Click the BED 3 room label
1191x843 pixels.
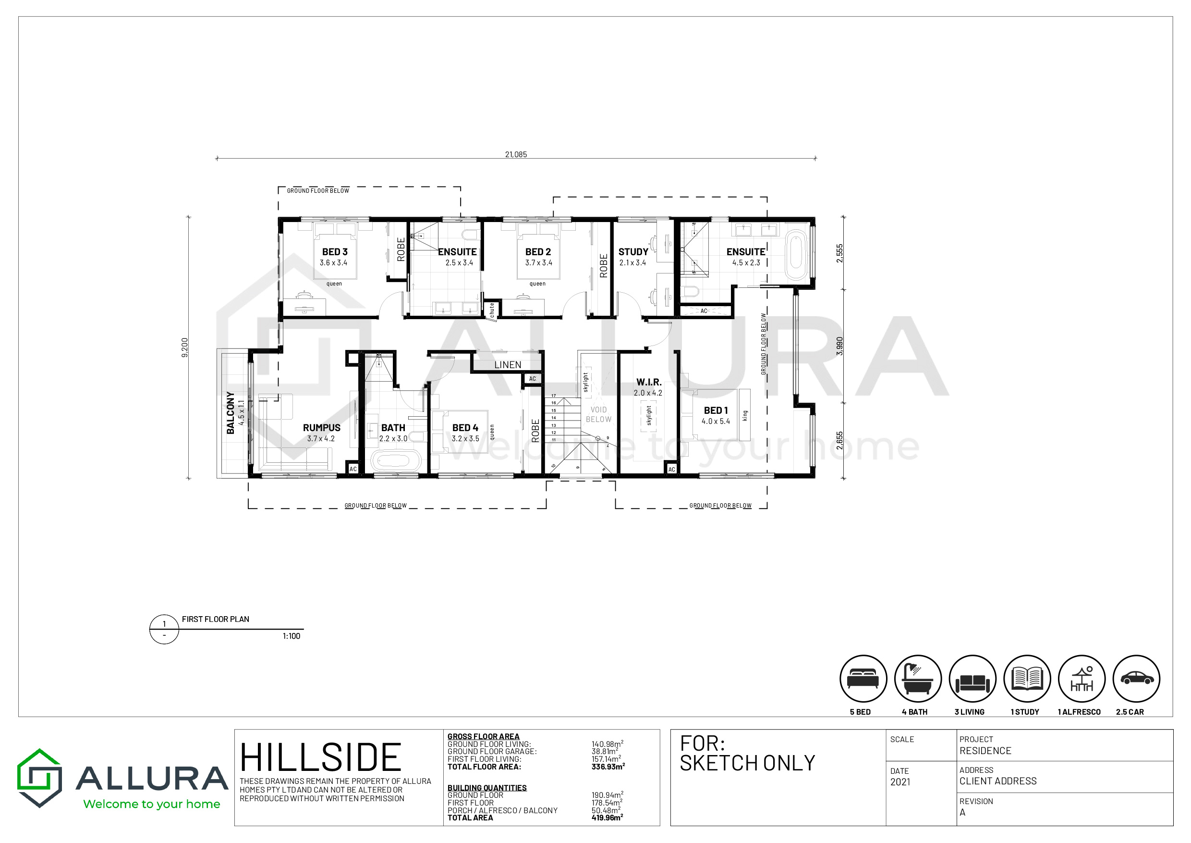point(335,252)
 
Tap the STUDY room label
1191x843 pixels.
point(633,252)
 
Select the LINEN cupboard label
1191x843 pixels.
point(508,365)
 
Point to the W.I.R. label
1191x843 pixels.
point(649,382)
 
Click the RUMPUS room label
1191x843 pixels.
point(322,428)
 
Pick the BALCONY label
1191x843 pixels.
point(231,413)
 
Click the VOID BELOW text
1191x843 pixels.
point(598,414)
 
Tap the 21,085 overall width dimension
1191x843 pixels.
point(516,154)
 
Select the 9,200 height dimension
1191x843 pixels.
point(185,348)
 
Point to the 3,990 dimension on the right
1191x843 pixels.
point(840,346)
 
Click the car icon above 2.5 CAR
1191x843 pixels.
point(1137,678)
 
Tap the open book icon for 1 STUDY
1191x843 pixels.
point(1027,679)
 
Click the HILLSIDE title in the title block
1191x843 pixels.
point(321,757)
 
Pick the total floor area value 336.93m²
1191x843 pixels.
point(608,766)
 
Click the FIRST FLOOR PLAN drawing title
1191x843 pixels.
point(215,619)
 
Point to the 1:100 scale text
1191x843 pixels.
point(292,636)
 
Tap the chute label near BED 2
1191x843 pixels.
point(492,310)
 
